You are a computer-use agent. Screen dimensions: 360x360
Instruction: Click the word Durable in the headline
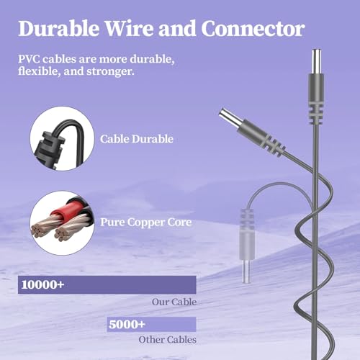(58, 29)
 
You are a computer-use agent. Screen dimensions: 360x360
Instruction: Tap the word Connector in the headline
(253, 29)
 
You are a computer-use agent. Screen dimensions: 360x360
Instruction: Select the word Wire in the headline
(129, 29)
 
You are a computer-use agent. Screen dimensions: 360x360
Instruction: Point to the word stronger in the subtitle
(110, 71)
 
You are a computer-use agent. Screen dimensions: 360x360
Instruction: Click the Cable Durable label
(137, 139)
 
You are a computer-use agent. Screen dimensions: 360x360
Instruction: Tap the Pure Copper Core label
(145, 222)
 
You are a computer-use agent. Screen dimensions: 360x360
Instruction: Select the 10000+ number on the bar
(42, 284)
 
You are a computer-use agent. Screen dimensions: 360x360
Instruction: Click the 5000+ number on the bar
(127, 324)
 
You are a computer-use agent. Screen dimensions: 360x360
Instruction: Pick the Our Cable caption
(174, 302)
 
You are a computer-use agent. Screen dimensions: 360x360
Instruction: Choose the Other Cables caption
(167, 340)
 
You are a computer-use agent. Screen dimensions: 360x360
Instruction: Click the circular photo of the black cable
(62, 139)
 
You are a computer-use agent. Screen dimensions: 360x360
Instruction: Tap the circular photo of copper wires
(62, 223)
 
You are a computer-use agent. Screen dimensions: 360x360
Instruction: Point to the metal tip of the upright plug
(316, 61)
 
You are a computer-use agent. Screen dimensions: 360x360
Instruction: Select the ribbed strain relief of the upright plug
(315, 113)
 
